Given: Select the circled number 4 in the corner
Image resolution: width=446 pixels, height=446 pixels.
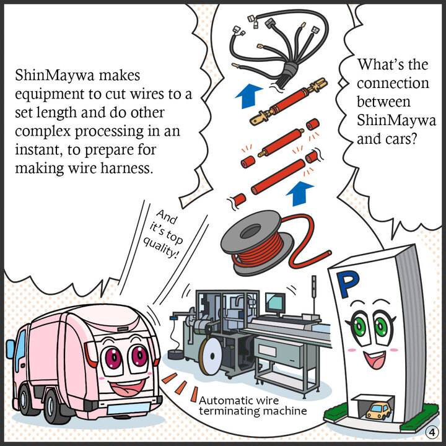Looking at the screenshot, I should tap(432, 432).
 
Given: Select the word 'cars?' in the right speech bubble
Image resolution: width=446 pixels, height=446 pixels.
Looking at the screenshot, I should tap(401, 137).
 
